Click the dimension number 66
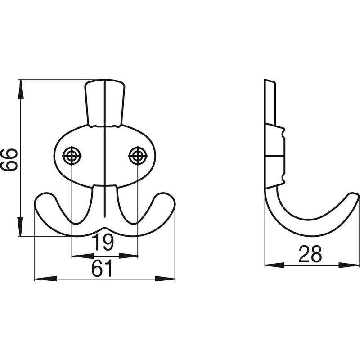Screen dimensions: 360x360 9,160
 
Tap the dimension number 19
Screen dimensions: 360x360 103,243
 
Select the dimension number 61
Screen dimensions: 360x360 103,268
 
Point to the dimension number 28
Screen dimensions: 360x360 310,254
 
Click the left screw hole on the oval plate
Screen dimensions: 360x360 72,156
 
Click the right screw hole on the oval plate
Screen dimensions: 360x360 138,156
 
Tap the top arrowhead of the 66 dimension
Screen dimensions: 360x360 21,90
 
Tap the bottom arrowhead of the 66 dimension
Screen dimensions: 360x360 21,226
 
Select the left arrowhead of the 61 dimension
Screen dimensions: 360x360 46,279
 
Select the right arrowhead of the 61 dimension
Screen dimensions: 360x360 165,279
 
